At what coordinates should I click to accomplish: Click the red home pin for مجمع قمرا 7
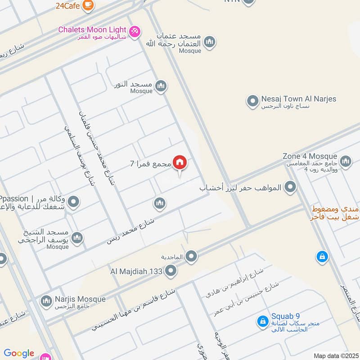pos(180,162)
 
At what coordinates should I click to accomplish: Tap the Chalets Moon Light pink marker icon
pos(134,31)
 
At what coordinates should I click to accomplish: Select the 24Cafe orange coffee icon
pos(89,4)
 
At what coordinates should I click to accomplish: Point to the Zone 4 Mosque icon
pos(346,161)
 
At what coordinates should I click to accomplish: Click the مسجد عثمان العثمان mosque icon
pos(209,43)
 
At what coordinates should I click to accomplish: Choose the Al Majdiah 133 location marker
pos(171,271)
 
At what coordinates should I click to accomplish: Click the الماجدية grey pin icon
pos(192,256)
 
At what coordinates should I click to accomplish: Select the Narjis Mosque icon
pos(46,301)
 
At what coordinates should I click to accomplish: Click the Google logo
pos(19,353)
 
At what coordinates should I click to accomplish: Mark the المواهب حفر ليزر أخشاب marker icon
pos(291,187)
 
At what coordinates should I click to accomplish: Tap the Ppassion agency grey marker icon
pos(74,202)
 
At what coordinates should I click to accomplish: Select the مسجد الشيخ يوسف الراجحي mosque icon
pos(77,238)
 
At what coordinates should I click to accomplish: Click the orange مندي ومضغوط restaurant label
pos(335,213)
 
